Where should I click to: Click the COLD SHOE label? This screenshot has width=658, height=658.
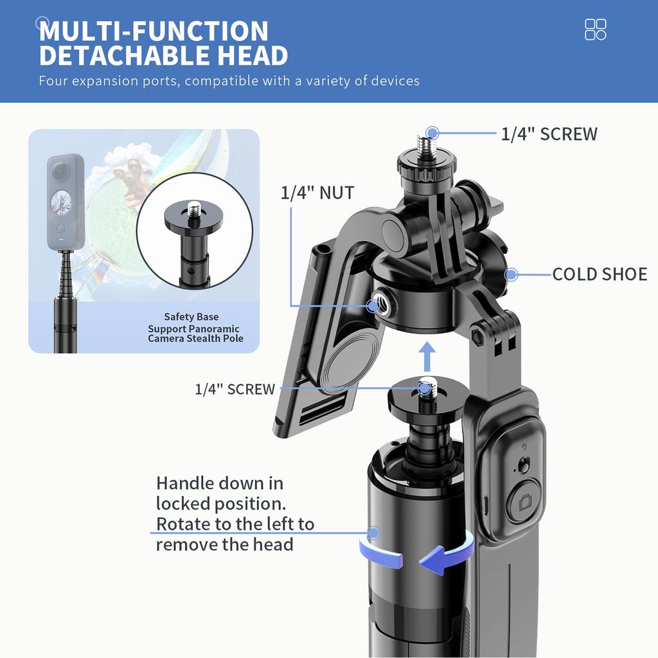pyautogui.click(x=599, y=274)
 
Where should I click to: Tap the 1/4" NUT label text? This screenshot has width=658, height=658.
pyautogui.click(x=317, y=192)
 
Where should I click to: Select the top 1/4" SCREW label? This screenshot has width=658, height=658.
pyautogui.click(x=549, y=134)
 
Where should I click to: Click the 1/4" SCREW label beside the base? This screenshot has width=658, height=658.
pyautogui.click(x=235, y=389)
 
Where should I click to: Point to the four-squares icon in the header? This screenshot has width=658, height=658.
pyautogui.click(x=596, y=30)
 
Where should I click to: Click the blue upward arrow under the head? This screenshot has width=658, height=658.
pyautogui.click(x=425, y=357)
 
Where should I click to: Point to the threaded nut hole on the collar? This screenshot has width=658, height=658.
pyautogui.click(x=373, y=305)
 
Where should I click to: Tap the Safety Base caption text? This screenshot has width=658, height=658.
pyautogui.click(x=191, y=317)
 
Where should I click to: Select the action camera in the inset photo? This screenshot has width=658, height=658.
pyautogui.click(x=65, y=200)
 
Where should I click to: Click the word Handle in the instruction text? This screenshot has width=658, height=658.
pyautogui.click(x=187, y=483)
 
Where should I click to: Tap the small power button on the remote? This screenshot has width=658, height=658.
pyautogui.click(x=524, y=447)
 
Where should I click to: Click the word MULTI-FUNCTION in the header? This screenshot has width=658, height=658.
pyautogui.click(x=154, y=31)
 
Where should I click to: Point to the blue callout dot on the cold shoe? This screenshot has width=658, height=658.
pyautogui.click(x=511, y=275)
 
